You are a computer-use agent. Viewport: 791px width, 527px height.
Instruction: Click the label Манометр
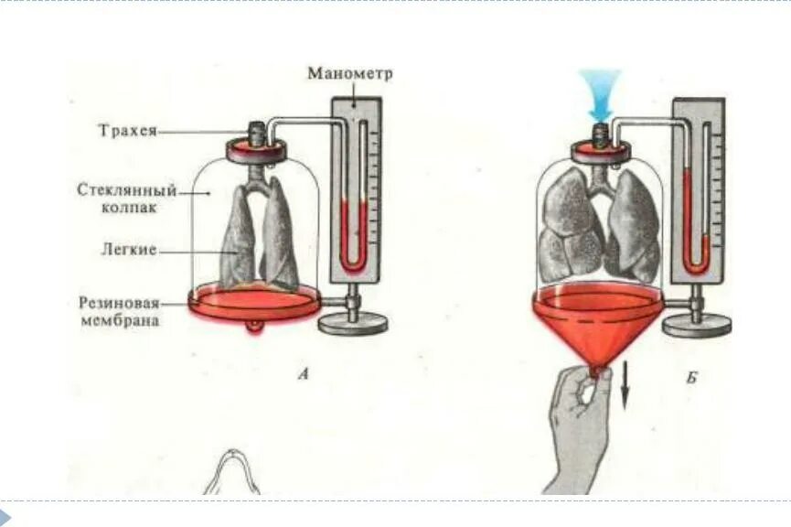(x=349, y=73)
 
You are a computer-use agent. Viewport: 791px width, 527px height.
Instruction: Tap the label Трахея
(x=128, y=131)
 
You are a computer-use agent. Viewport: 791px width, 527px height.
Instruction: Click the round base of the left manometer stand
(x=353, y=322)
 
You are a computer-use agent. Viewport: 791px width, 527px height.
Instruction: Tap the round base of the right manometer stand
(x=696, y=324)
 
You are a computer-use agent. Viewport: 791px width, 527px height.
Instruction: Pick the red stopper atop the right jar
(x=599, y=149)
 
